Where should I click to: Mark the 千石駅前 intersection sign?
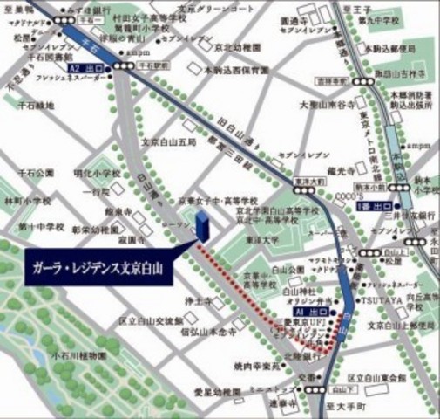[152, 65]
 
